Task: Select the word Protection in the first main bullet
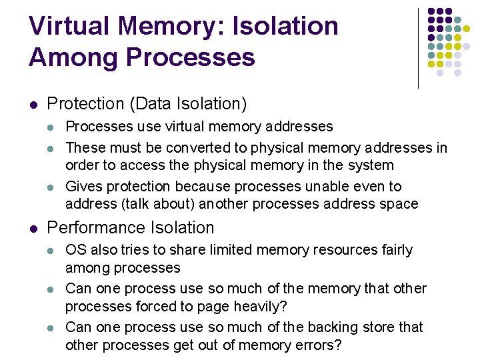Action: [86, 104]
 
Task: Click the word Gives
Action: [84, 187]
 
